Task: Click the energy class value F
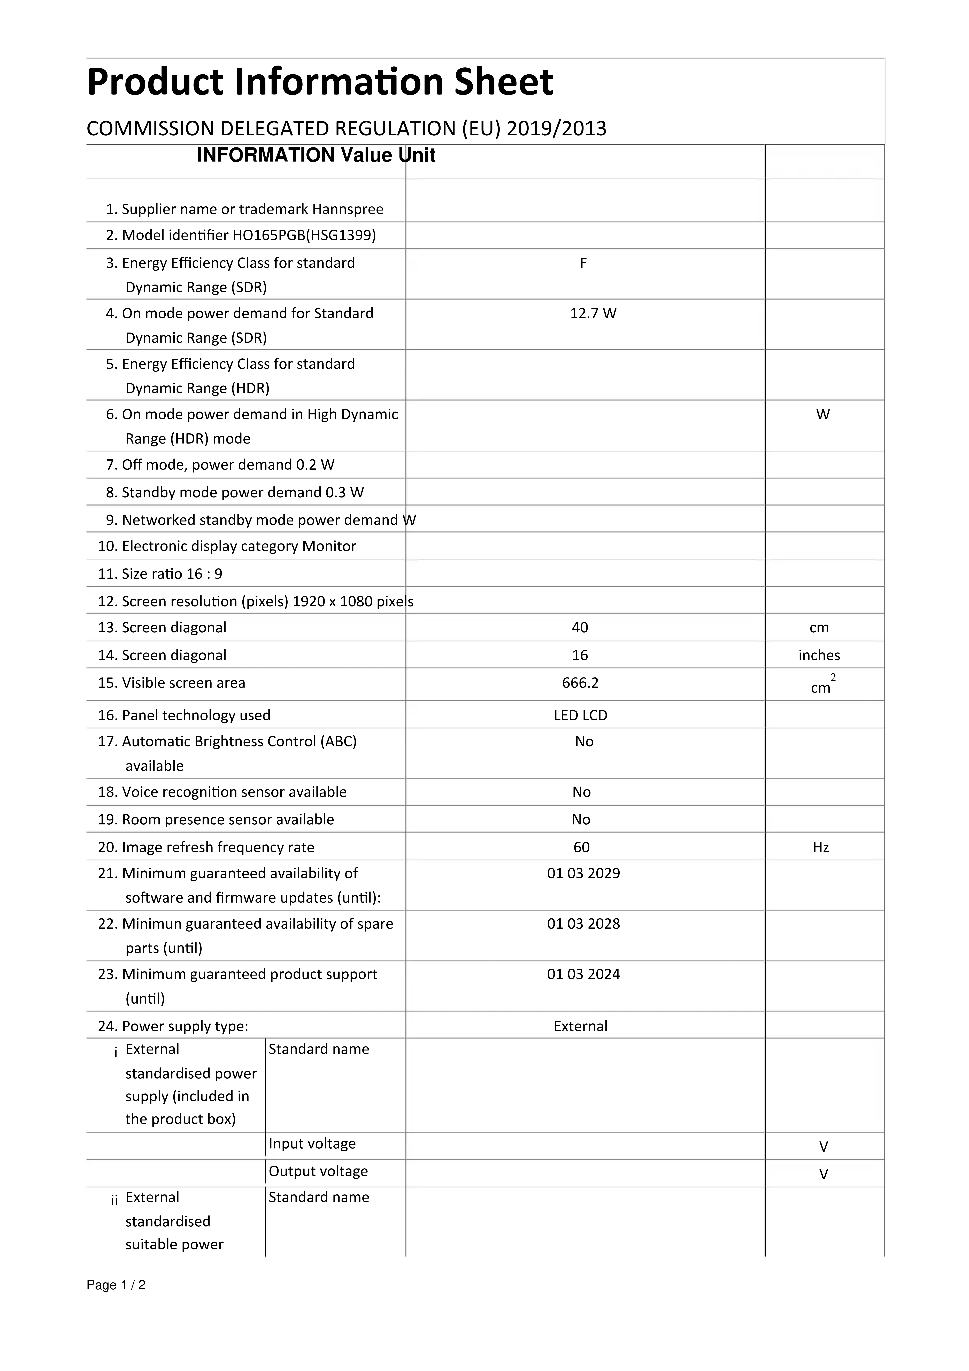[583, 263]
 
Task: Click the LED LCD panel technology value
[580, 715]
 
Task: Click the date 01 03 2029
[583, 874]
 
